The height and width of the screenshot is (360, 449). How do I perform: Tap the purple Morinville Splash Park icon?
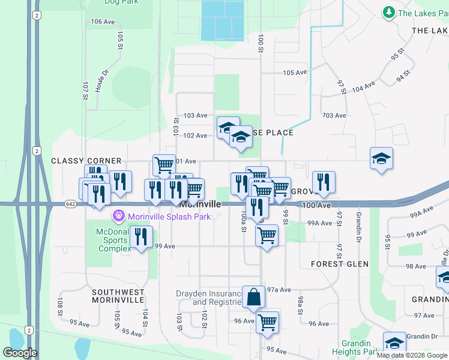(x=119, y=215)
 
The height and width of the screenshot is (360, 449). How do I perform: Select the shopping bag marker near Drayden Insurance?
(x=253, y=296)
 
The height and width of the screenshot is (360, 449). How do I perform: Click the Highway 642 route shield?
(x=70, y=205)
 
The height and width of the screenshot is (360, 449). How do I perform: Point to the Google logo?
(x=20, y=353)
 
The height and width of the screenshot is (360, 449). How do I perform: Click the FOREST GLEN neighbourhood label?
(x=340, y=263)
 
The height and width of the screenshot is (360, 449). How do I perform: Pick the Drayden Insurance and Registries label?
(x=207, y=298)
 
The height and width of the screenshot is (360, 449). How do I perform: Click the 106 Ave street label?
(x=103, y=22)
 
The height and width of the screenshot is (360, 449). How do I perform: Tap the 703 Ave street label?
(x=334, y=115)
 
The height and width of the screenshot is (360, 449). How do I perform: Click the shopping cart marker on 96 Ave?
(x=267, y=321)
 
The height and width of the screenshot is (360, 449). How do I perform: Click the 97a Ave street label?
(x=279, y=289)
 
